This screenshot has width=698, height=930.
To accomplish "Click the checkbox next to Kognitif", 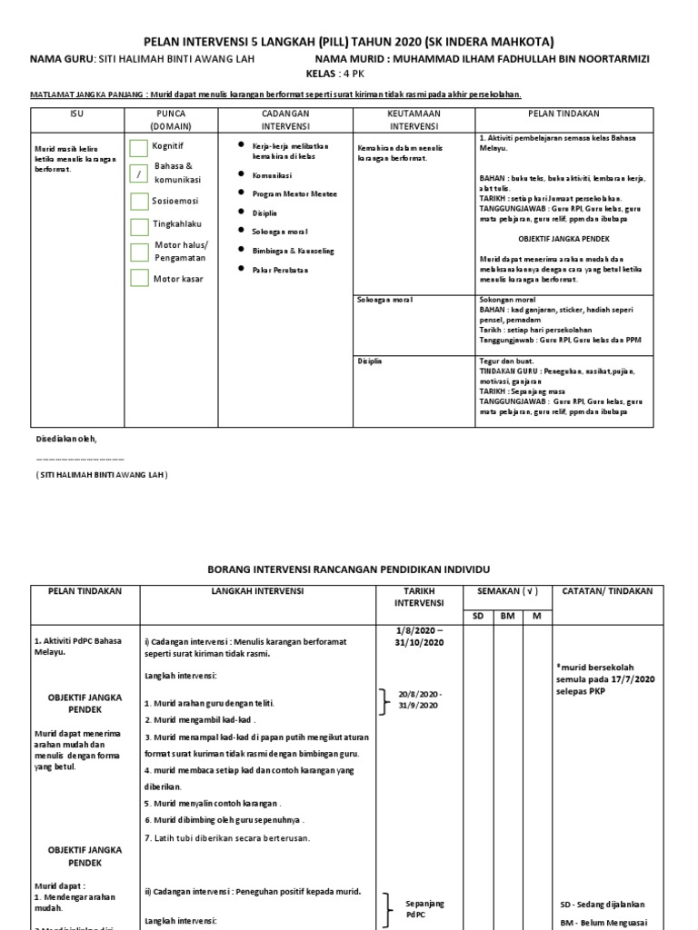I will [138, 148].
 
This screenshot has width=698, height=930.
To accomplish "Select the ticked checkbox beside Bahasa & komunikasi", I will [138, 173].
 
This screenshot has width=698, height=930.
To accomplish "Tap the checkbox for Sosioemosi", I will [138, 201].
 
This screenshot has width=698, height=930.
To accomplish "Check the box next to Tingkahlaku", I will [138, 226].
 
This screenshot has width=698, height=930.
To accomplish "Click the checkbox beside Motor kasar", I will [138, 279].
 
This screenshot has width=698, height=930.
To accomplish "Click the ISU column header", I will [76, 114].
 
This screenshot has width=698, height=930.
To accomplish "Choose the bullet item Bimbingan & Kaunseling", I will [292, 251].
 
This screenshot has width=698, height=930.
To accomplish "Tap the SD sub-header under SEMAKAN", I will [479, 615].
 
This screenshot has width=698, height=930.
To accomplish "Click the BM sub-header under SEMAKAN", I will [507, 615].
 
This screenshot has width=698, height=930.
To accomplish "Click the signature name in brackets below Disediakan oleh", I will [102, 475].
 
